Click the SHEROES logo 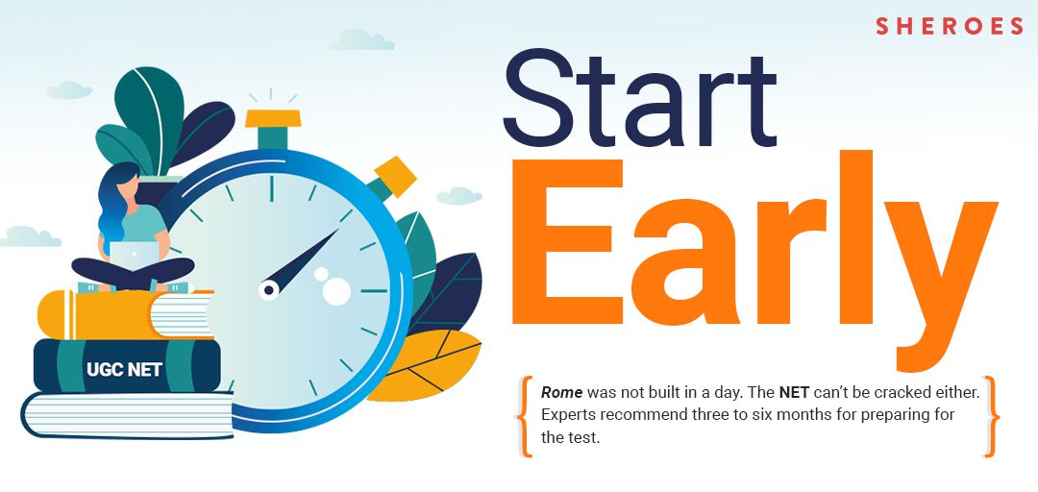tap(950, 26)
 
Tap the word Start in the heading tap(639, 98)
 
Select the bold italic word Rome tap(562, 392)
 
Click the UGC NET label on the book tap(124, 370)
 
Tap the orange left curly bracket tap(525, 416)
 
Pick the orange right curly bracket tap(991, 416)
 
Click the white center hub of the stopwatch tap(269, 289)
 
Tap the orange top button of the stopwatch tap(273, 118)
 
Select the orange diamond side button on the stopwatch tap(395, 177)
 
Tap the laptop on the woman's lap tap(134, 255)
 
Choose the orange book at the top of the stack tap(125, 314)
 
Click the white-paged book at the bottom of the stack tap(128, 415)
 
